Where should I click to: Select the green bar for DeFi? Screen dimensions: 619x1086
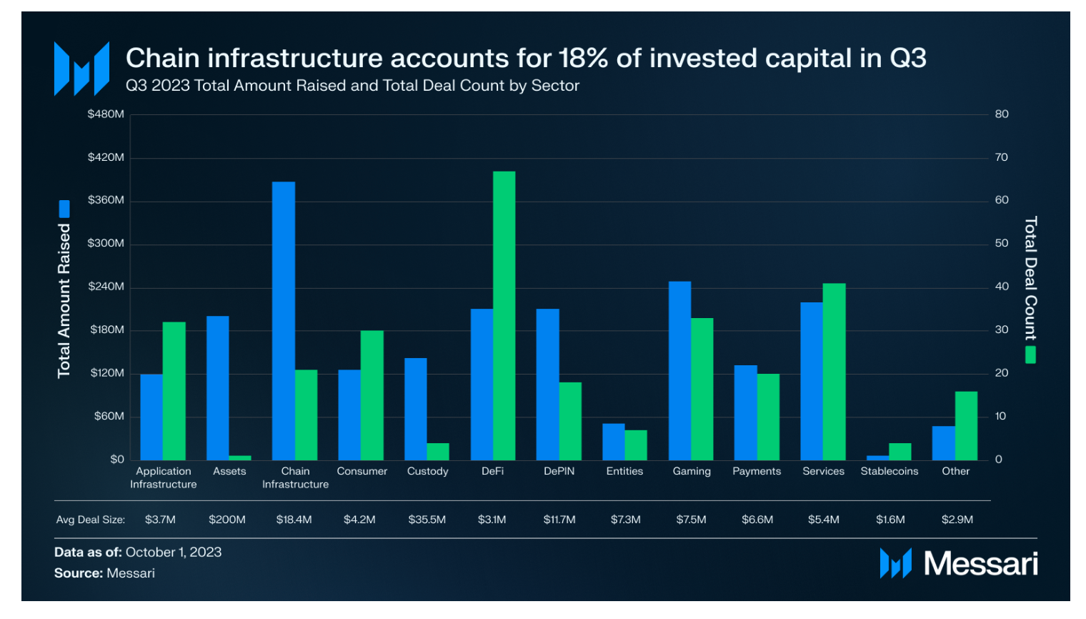tap(504, 315)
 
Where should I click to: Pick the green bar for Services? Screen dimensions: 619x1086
tap(834, 371)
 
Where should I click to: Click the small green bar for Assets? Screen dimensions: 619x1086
tap(240, 457)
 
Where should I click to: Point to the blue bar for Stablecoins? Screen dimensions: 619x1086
tap(877, 457)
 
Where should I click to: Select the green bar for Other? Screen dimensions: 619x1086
tap(966, 425)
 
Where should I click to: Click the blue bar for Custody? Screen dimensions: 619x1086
tap(415, 409)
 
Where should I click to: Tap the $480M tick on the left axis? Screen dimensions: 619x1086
tap(106, 114)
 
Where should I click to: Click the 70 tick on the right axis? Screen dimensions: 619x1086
tap(1002, 157)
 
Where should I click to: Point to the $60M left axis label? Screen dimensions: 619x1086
tap(109, 416)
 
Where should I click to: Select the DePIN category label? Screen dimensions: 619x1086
tap(559, 471)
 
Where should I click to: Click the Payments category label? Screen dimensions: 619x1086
tap(757, 471)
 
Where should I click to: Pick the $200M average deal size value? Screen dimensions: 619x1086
tap(227, 520)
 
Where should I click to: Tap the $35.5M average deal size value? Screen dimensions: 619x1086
tap(427, 520)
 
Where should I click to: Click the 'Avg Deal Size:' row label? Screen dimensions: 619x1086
tap(91, 520)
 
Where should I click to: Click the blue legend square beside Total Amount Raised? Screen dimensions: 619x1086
tap(64, 209)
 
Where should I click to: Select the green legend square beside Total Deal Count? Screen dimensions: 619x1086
tap(1030, 355)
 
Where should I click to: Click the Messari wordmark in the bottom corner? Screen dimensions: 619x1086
tap(980, 564)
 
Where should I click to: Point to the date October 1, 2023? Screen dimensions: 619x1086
tap(174, 553)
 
